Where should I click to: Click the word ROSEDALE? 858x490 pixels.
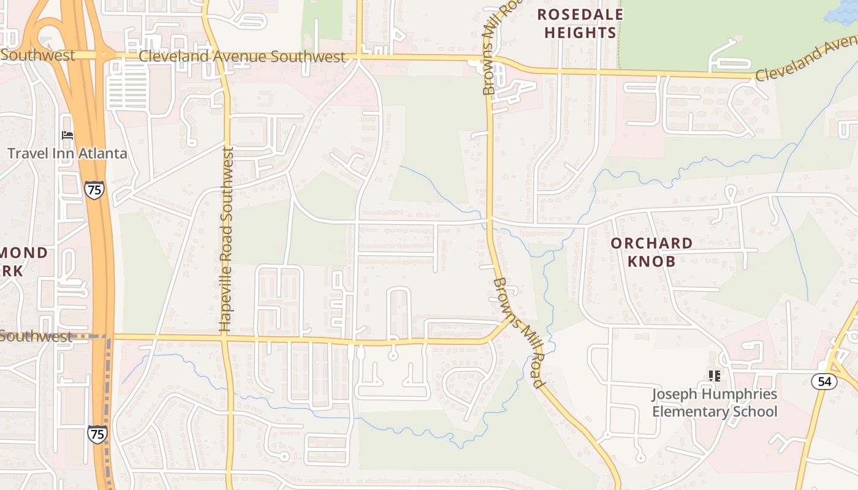tap(580, 14)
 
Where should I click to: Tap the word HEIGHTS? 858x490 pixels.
tap(580, 32)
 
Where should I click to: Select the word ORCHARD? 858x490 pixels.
tap(651, 243)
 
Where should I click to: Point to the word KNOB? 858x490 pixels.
tap(651, 262)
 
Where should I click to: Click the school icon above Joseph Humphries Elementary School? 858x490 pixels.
tap(714, 375)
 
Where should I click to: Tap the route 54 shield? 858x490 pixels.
tap(824, 382)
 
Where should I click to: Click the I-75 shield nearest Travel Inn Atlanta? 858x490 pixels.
tap(94, 190)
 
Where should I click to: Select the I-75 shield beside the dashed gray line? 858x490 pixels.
tap(96, 434)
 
